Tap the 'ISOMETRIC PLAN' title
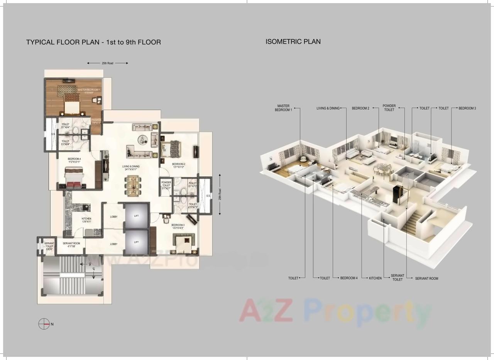point(293,42)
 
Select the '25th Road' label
point(107,63)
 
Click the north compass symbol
point(44,324)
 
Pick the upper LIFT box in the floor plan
point(136,216)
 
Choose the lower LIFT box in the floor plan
point(136,242)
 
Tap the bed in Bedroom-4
point(74,179)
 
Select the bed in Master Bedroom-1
point(72,104)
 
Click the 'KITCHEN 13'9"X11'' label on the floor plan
point(86,220)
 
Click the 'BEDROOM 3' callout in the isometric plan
point(467,108)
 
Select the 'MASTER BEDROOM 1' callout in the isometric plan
point(283,108)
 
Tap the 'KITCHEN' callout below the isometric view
point(375,278)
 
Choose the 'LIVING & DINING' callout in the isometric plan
point(328,108)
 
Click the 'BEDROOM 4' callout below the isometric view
point(349,278)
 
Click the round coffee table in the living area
point(144,140)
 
